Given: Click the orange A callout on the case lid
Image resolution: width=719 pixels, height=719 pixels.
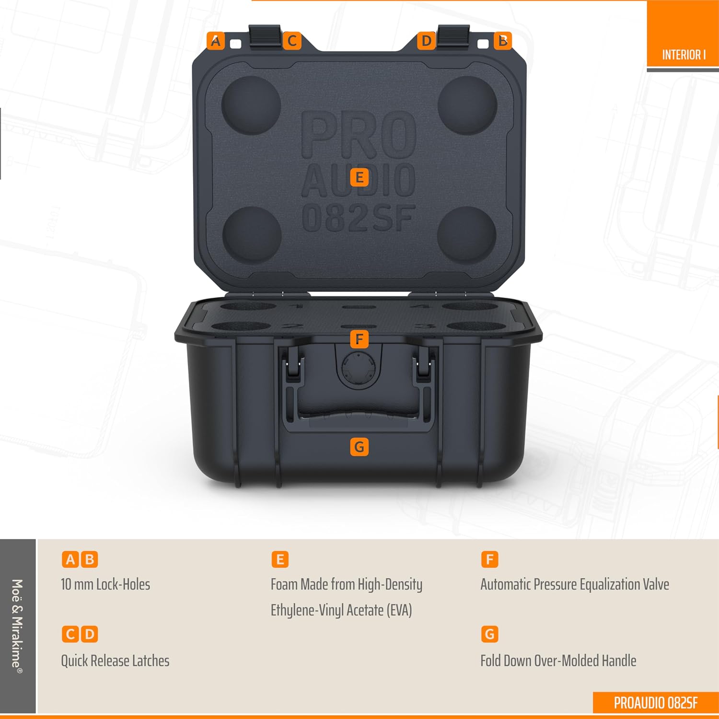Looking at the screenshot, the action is pos(216,41).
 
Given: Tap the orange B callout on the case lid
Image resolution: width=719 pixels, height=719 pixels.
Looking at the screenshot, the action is pos(503,41).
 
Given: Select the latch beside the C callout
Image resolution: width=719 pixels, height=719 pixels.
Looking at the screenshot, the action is pos(265,36).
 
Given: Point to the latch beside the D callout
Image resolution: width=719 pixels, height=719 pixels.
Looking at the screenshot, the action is pos(453,36).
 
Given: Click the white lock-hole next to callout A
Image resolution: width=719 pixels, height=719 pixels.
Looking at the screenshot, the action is pos(236,44).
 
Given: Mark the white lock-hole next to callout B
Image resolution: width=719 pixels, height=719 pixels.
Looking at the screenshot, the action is pos(483,44).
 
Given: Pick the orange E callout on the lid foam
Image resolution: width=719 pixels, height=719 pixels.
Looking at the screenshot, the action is pos(359,177).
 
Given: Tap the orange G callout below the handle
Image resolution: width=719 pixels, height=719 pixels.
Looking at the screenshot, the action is pos(359,447).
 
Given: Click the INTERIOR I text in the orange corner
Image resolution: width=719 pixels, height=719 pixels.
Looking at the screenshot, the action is pos(684,55).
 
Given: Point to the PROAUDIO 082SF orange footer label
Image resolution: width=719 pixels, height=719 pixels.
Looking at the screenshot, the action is pos(656,703).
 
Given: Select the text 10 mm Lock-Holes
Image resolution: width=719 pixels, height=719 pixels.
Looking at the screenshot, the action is pos(105,584).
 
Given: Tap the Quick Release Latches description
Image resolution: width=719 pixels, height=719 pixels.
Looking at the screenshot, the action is pos(115,661).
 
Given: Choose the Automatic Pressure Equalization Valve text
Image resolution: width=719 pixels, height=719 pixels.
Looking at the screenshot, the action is pos(575,584).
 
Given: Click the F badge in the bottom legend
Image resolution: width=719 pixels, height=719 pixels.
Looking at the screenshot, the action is pos(489,559).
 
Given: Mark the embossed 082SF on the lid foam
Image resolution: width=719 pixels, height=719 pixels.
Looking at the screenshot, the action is pos(359,218).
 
